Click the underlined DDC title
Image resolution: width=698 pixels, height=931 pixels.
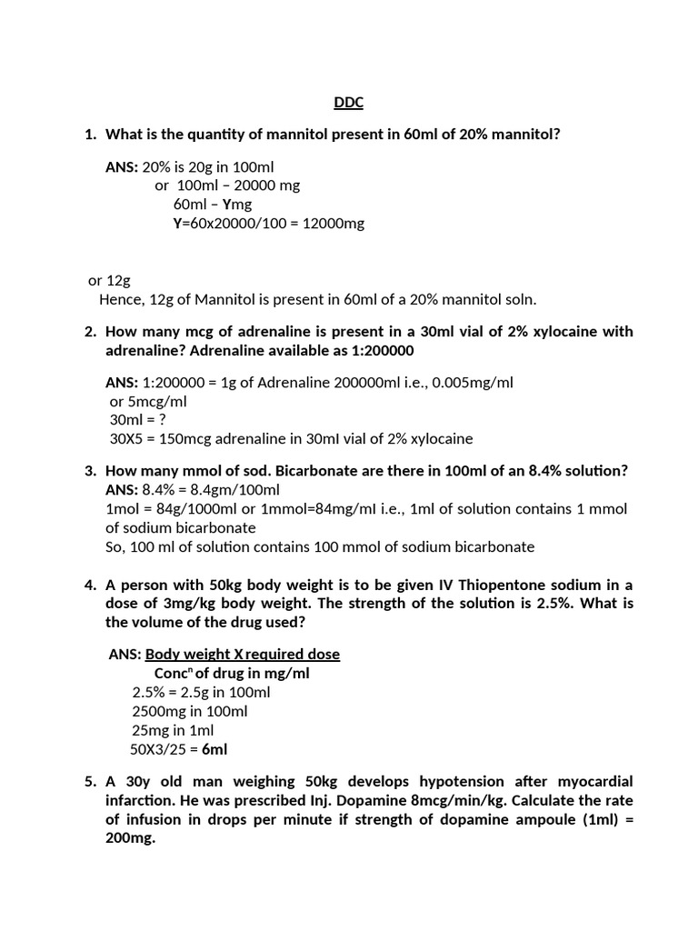coord(348,103)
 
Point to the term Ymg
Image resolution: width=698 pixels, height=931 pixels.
coord(237,204)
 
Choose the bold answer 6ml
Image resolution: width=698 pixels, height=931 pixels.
coord(214,749)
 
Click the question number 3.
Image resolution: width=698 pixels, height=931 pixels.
coord(90,471)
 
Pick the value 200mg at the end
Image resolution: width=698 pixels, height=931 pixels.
coord(130,839)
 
